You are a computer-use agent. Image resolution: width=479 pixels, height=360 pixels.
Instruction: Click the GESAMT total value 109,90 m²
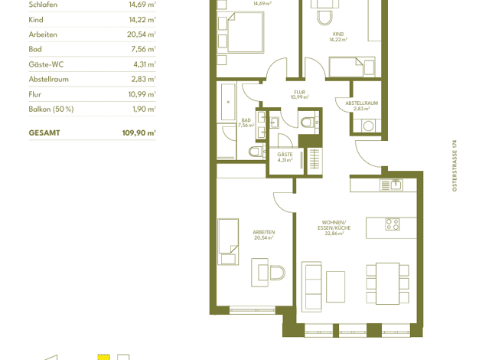point(139,133)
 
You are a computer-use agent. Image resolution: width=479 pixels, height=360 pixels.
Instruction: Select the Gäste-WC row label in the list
point(46,64)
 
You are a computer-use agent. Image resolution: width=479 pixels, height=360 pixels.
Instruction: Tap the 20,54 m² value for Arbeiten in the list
point(142,34)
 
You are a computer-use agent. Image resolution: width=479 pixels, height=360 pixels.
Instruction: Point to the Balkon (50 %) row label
point(51,110)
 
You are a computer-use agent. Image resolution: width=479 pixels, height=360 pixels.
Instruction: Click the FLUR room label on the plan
point(300,92)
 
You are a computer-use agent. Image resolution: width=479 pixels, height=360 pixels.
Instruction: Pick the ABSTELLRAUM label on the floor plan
point(362,103)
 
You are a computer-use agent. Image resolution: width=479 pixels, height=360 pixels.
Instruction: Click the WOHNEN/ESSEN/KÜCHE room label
point(334,225)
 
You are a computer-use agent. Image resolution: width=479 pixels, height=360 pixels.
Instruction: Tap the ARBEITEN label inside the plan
point(264,232)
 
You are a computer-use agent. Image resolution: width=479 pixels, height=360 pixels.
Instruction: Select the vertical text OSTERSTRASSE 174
point(455,165)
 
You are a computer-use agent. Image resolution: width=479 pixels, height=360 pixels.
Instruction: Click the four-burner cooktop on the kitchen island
point(393,224)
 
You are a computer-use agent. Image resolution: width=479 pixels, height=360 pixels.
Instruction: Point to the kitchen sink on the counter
point(396,185)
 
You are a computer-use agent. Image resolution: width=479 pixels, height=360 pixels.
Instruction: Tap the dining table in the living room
point(387,283)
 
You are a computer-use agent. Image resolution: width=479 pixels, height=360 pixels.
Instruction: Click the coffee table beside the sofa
point(335,286)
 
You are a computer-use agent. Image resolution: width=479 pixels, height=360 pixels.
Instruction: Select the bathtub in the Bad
point(228,102)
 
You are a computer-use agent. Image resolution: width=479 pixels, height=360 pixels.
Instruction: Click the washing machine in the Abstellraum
point(368,126)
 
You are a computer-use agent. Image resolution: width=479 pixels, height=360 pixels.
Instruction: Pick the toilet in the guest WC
point(308,123)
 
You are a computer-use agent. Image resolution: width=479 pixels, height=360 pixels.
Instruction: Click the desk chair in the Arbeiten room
point(278,273)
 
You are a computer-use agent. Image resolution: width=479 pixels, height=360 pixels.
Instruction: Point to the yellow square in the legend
point(103,357)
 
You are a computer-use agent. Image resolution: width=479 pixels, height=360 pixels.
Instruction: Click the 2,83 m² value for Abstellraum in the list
point(144,79)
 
